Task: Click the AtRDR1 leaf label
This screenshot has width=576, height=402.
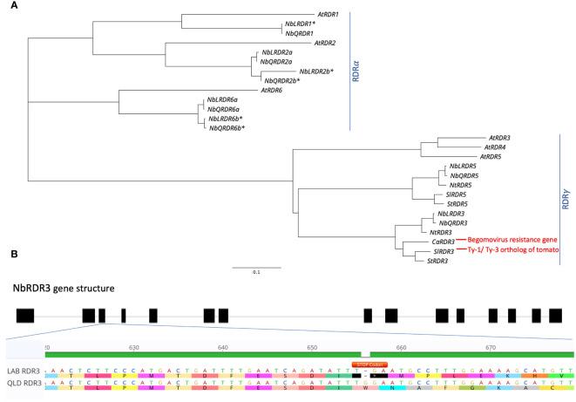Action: click(x=329, y=14)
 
